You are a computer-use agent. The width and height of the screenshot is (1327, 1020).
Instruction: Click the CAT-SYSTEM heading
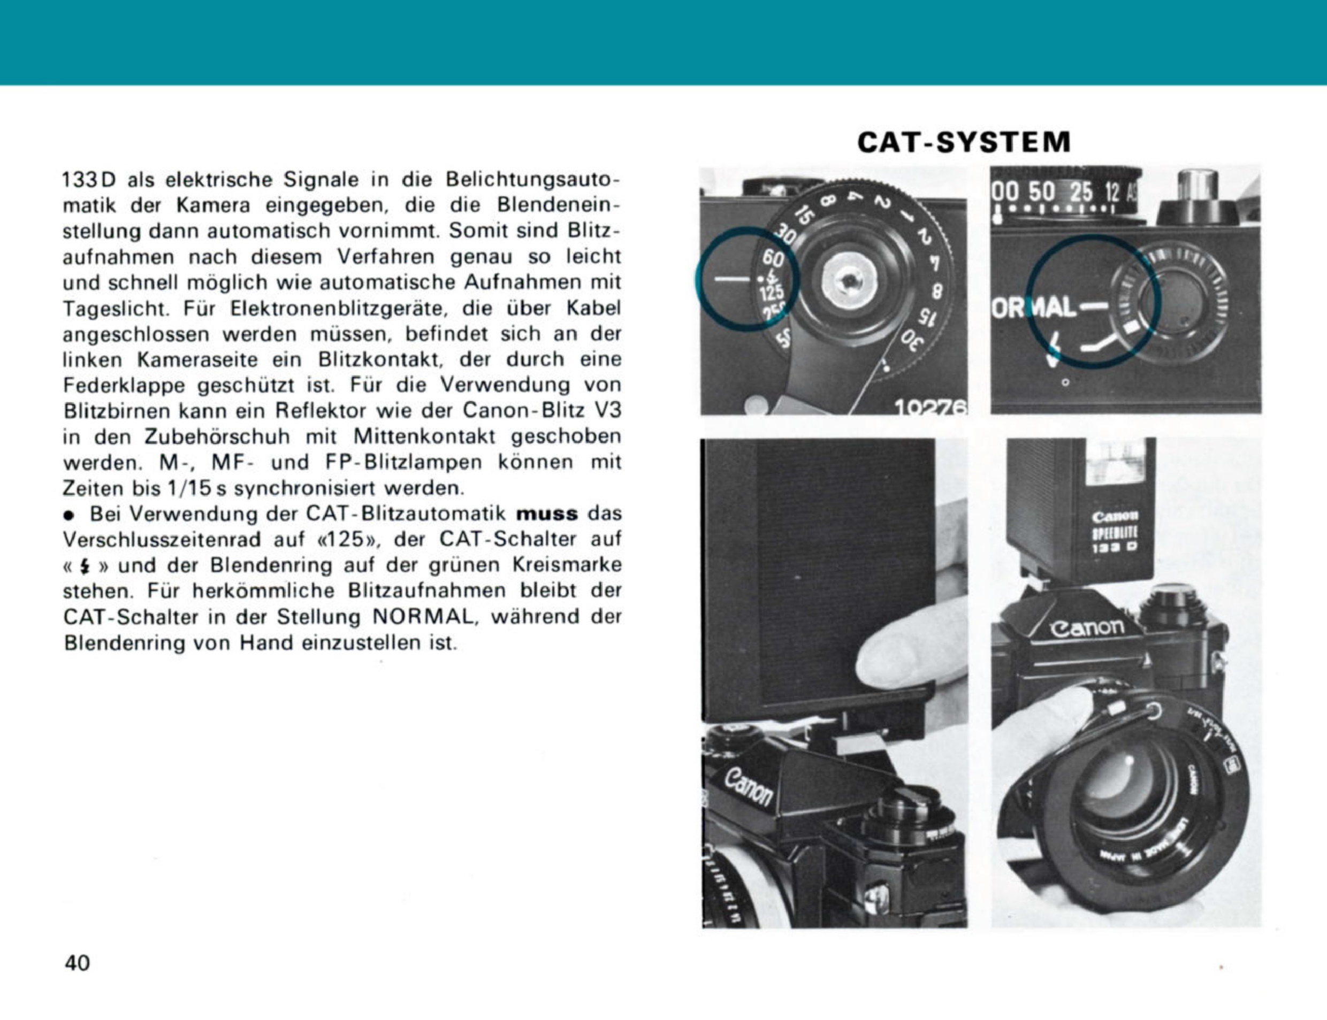click(964, 143)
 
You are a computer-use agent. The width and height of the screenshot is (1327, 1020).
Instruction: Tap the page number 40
click(77, 963)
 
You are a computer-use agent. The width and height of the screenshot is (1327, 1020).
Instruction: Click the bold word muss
click(547, 513)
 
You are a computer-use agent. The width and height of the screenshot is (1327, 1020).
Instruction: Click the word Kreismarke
click(567, 565)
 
